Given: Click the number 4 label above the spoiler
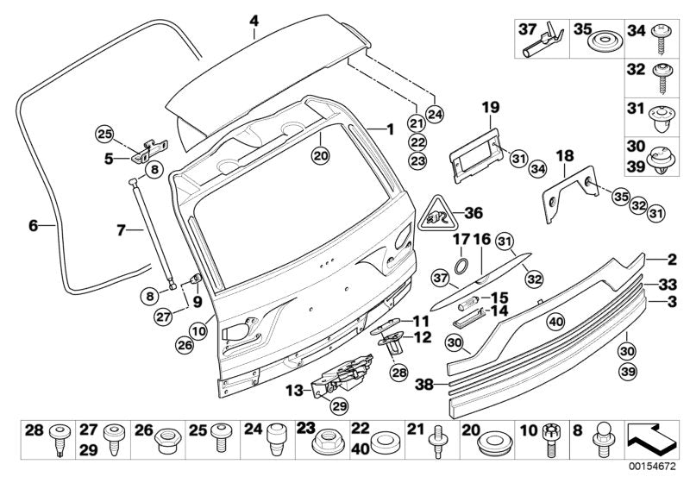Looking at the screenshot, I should coord(254,20).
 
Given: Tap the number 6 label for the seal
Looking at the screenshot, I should coord(33,226).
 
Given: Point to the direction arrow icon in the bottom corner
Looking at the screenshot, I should coord(651,440).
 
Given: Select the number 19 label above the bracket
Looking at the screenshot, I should coord(490,108).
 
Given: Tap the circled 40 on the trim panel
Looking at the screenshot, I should coord(555,322).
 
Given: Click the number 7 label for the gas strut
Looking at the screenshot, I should coord(121,230).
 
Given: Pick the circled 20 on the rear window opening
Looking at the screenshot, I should coord(321,156).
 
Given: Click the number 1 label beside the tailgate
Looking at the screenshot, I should coord(390,129).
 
